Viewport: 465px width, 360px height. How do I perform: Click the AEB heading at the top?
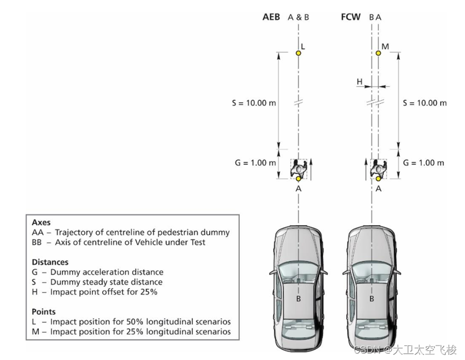tap(271, 17)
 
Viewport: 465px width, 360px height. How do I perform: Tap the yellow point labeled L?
tap(298, 53)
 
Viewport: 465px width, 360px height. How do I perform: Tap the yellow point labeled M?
tap(378, 53)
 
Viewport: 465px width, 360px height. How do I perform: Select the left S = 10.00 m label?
tap(254, 103)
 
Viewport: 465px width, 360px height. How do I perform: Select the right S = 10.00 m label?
tap(424, 103)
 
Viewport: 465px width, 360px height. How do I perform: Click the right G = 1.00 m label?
tap(424, 163)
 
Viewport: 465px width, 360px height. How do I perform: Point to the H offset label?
tap(360, 82)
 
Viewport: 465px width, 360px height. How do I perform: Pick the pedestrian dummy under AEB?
tap(298, 168)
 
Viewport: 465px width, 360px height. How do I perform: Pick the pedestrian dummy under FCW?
tap(379, 168)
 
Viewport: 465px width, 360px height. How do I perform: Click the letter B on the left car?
tap(298, 298)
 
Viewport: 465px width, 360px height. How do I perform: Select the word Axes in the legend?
tap(41, 222)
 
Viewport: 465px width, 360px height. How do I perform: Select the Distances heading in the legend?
tap(50, 262)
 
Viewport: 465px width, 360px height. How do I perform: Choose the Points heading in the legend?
tap(44, 312)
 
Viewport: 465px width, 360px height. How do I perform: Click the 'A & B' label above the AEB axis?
tap(298, 17)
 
